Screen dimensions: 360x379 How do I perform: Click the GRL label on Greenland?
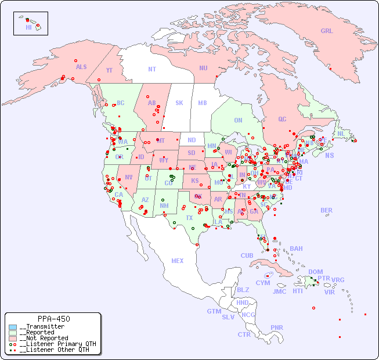pyautogui.click(x=327, y=31)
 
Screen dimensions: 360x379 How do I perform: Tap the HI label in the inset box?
pyautogui.click(x=28, y=27)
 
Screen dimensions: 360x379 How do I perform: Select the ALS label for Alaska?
pyautogui.click(x=81, y=67)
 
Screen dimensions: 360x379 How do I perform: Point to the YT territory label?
pyautogui.click(x=109, y=70)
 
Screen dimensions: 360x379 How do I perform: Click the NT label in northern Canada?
pyautogui.click(x=151, y=69)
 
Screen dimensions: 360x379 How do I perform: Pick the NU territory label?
pyautogui.click(x=203, y=68)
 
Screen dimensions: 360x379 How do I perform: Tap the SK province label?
pyautogui.click(x=179, y=103)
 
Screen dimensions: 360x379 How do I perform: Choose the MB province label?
pyautogui.click(x=202, y=103)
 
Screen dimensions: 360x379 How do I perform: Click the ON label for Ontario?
pyautogui.click(x=238, y=120)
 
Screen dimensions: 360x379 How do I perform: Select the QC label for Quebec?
pyautogui.click(x=282, y=119)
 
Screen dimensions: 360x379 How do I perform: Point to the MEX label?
pyautogui.click(x=178, y=261)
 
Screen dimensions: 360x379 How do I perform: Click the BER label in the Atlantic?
pyautogui.click(x=326, y=210)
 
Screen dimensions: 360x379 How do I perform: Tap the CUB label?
pyautogui.click(x=247, y=255)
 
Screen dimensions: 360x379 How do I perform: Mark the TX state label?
pyautogui.click(x=189, y=218)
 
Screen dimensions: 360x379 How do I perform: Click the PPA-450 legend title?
pyautogui.click(x=53, y=319)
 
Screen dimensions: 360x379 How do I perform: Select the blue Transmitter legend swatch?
pyautogui.click(x=13, y=327)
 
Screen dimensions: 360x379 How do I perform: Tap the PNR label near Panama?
pyautogui.click(x=277, y=327)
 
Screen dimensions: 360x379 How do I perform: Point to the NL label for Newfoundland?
pyautogui.click(x=341, y=133)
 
